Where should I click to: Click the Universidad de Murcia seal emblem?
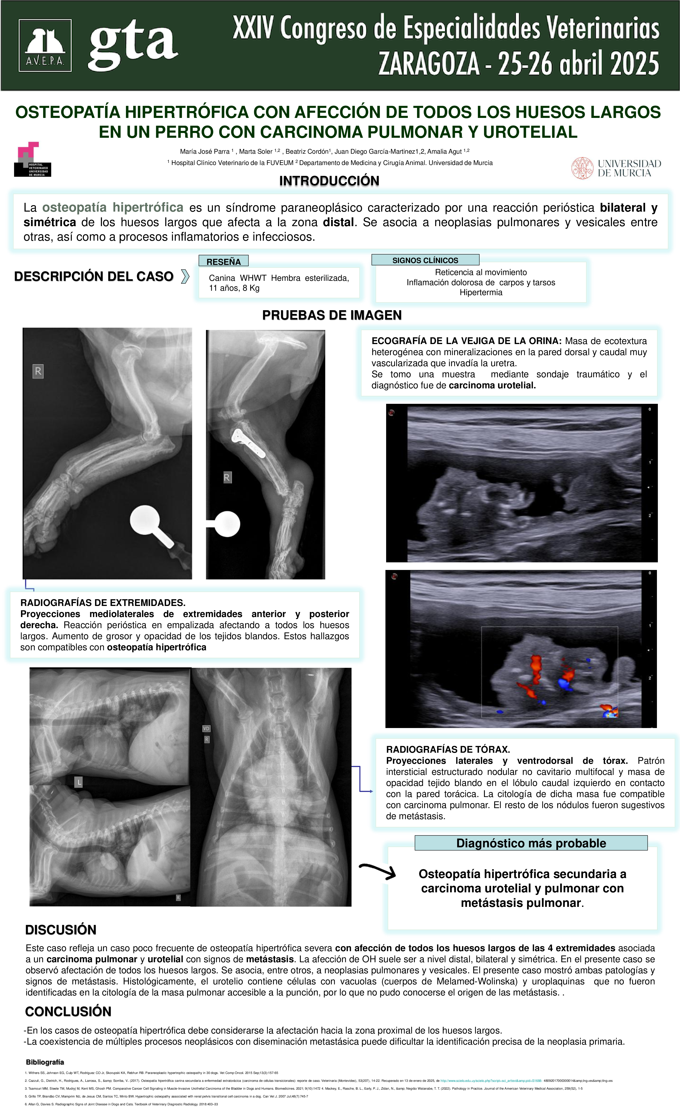point(582,168)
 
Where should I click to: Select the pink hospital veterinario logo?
point(33,159)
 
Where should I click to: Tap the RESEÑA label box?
point(224,261)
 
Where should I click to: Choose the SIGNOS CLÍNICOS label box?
point(425,260)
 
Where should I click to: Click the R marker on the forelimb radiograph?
point(38,372)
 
